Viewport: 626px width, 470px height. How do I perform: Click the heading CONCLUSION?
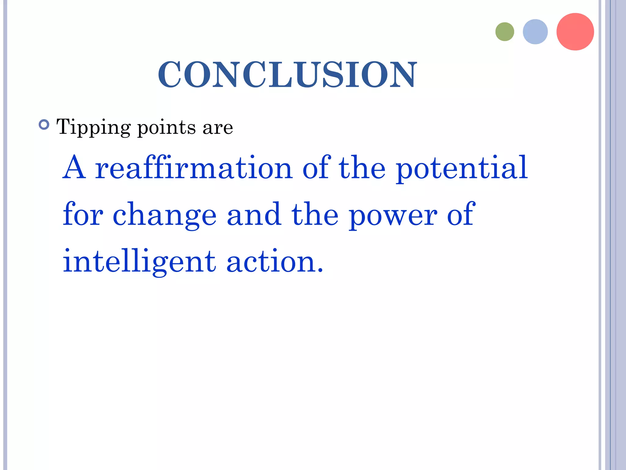[287, 75]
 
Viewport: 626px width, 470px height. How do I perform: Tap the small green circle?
[505, 32]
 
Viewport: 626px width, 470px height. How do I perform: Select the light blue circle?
[535, 32]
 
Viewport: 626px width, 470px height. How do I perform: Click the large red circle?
[575, 32]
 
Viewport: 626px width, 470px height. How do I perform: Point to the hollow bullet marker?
[44, 125]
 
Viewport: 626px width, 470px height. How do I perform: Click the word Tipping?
[94, 127]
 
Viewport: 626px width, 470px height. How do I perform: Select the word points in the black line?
[167, 127]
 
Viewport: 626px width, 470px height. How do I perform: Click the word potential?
[462, 168]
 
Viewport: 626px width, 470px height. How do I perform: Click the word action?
[271, 262]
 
